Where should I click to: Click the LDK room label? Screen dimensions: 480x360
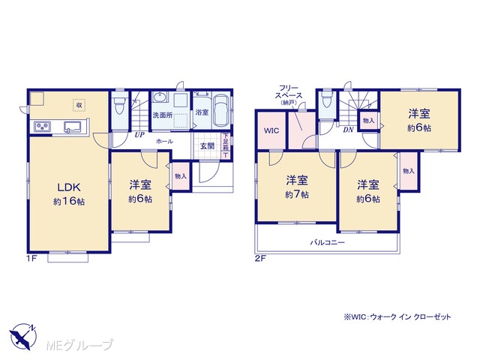click(x=69, y=187)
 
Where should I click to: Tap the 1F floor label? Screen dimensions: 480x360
click(x=31, y=258)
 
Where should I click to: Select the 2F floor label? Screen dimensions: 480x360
click(x=260, y=258)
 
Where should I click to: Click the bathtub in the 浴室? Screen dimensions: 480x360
click(x=220, y=110)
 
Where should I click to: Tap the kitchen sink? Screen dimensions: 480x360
click(x=73, y=126)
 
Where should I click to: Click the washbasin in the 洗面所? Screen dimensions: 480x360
click(x=160, y=97)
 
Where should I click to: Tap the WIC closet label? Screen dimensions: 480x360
click(x=271, y=130)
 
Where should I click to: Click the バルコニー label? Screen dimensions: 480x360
click(x=328, y=243)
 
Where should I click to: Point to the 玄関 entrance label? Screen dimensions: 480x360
click(x=207, y=146)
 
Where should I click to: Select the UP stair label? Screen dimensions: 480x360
click(x=139, y=135)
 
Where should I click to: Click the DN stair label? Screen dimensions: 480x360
click(x=348, y=130)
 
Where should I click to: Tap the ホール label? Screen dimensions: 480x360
click(x=164, y=142)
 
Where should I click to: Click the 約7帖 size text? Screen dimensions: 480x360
click(x=297, y=194)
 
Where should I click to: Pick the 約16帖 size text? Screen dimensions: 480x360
click(x=69, y=202)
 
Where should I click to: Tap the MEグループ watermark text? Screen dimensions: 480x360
click(x=79, y=345)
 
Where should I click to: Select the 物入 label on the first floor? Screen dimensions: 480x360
click(x=181, y=176)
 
